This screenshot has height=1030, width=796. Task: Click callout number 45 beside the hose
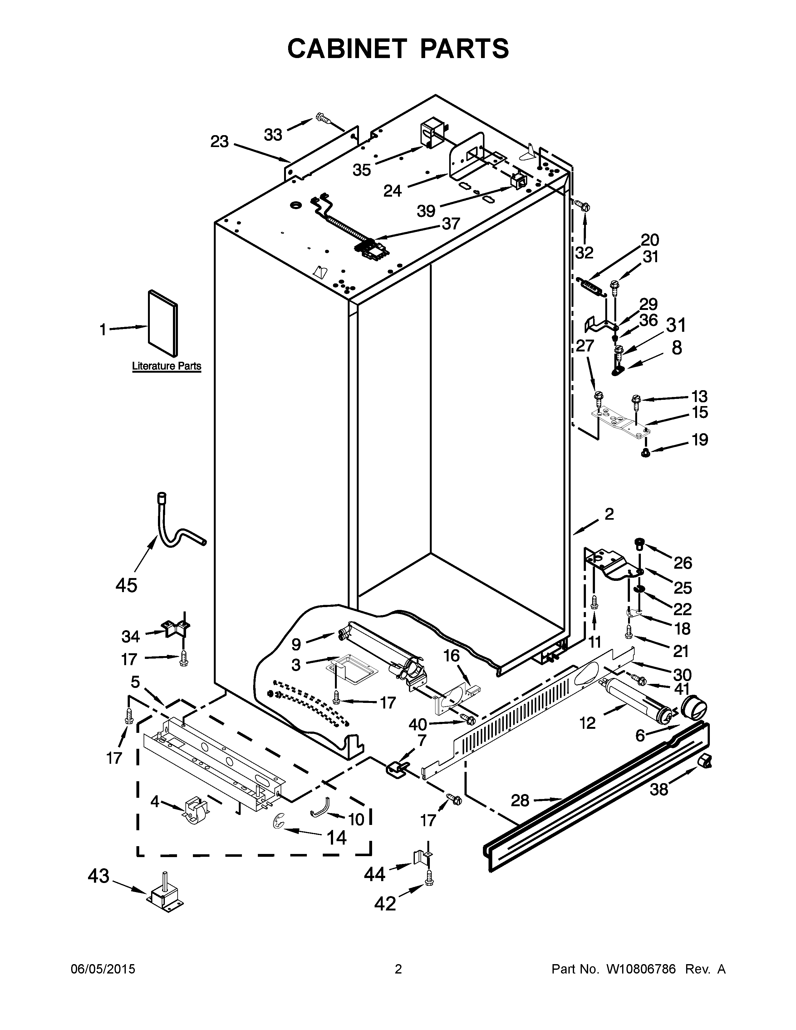point(126,585)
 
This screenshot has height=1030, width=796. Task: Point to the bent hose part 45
point(172,531)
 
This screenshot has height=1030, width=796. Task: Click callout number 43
point(99,876)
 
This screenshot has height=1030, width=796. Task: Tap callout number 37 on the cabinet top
point(450,223)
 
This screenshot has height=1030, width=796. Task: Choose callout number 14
point(337,838)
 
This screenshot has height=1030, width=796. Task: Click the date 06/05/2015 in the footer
point(103,969)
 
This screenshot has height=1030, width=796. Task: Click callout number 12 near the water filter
point(587,723)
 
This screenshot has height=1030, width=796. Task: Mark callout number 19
point(700,439)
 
